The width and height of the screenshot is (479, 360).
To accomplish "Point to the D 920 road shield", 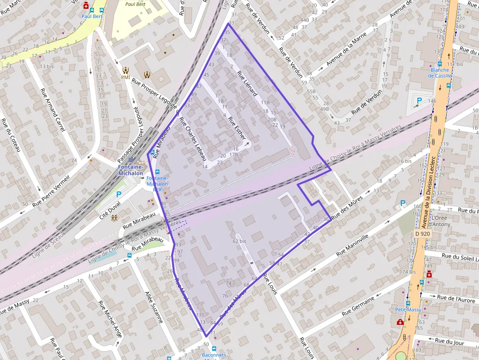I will pos(423,234).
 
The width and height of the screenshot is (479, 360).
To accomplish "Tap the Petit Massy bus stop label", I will pos(408,310).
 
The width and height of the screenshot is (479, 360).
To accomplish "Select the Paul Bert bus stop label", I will pos(91,16).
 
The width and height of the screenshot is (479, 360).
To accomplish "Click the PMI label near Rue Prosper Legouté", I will pos(126,77).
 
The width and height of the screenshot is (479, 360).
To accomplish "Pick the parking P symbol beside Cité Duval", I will pos(118,194).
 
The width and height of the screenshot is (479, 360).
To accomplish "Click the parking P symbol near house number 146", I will pos(418,101).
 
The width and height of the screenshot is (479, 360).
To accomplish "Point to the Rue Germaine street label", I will pos(358,305).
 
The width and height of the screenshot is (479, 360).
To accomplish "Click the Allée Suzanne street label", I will pos(154,307).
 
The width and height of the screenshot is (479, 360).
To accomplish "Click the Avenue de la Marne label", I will pos(346,53).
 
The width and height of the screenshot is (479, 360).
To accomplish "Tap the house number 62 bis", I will pos(239,241).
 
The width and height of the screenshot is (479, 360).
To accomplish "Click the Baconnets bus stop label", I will pos(214,355).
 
